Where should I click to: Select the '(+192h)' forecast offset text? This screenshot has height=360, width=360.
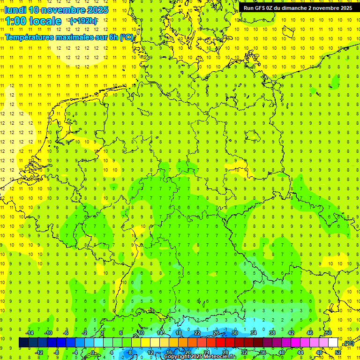coord(83,21)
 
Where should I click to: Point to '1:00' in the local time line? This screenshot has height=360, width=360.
coord(17,21)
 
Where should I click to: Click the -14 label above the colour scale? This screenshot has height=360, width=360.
coord(29,333)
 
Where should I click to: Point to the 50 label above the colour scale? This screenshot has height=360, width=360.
coord(329,333)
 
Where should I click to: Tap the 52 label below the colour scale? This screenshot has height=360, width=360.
coord(338,352)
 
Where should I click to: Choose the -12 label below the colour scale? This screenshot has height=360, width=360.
coord(39,352)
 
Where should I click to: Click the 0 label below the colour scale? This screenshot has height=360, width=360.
coord(93,352)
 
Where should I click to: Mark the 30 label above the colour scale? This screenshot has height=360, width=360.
coord(235,333)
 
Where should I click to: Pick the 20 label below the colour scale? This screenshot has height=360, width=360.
coord(187,352)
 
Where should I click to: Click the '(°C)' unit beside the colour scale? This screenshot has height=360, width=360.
coord(348,343)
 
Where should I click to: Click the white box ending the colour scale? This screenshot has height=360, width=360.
coord(333,343)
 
